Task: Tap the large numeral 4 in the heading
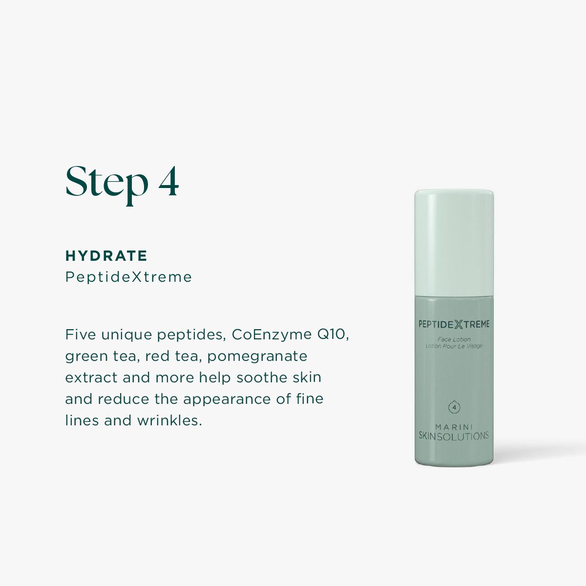[x=168, y=182]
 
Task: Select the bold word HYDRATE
[x=106, y=256]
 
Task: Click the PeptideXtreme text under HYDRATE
[x=128, y=277]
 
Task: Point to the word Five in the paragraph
[x=80, y=335]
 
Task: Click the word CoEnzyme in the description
[x=272, y=335]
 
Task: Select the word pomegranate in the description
[x=257, y=356]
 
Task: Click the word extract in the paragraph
[x=91, y=377]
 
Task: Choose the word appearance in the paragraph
[x=227, y=400]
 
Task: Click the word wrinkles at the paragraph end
[x=169, y=420]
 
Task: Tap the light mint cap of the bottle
[x=454, y=243]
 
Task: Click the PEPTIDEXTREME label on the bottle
[x=454, y=324]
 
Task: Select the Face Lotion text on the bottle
[x=454, y=339]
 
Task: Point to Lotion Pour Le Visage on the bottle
[x=454, y=346]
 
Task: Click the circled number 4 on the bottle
[x=454, y=407]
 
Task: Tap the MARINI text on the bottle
[x=454, y=427]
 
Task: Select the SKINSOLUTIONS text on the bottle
[x=454, y=436]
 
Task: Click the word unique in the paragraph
[x=126, y=335]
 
